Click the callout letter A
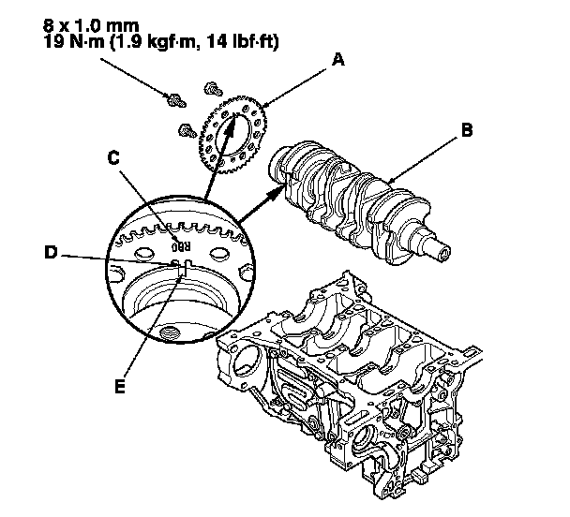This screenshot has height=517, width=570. coord(338,59)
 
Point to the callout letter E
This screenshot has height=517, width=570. coord(118,384)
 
